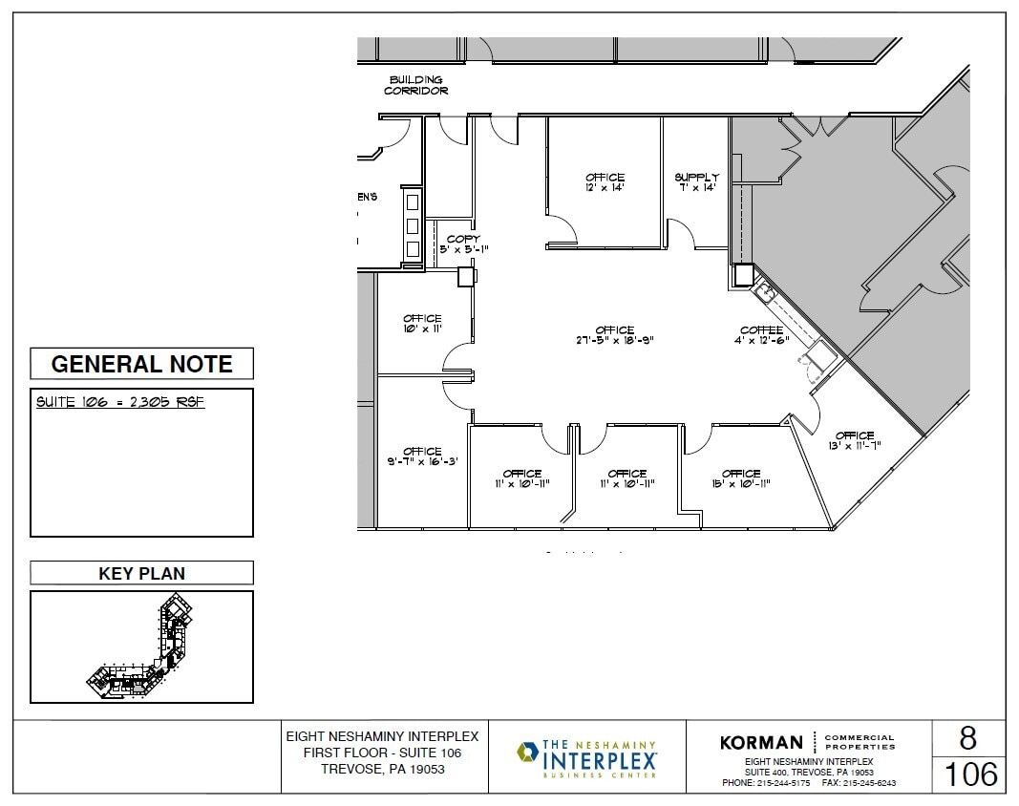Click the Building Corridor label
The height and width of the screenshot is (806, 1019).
(x=415, y=85)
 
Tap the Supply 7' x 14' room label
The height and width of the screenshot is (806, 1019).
(x=696, y=182)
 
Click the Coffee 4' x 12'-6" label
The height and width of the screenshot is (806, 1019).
(x=761, y=335)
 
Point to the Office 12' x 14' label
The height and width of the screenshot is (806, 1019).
(x=605, y=182)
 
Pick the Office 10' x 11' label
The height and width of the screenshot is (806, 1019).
(x=422, y=324)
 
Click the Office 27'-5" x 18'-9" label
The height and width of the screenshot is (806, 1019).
(x=614, y=335)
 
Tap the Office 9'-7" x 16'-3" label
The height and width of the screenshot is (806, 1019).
(x=422, y=456)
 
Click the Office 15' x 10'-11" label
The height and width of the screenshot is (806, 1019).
(x=740, y=478)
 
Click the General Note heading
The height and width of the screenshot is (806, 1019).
(x=141, y=364)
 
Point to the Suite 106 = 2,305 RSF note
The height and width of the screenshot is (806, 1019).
(x=120, y=402)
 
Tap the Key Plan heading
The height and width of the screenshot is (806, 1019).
(x=141, y=574)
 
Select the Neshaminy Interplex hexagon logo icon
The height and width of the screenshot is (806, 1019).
(x=527, y=753)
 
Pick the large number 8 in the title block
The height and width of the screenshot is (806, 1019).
(x=967, y=739)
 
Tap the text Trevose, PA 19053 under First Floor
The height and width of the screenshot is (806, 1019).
(x=382, y=769)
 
